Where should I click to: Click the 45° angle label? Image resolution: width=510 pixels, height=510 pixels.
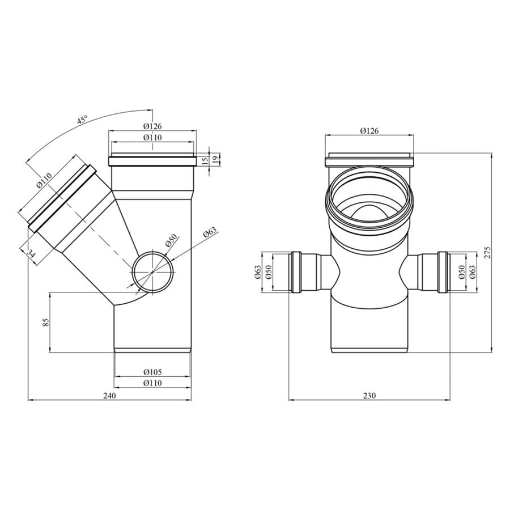[82, 120]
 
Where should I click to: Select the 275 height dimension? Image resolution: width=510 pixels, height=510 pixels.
[487, 252]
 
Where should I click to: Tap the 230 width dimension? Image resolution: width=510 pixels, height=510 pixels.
[369, 396]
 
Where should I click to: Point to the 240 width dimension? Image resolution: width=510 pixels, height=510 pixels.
[109, 396]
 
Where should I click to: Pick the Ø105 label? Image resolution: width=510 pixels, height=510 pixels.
[152, 372]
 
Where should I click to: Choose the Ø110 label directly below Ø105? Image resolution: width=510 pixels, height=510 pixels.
[152, 383]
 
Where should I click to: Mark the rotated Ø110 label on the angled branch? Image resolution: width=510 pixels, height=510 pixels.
[44, 181]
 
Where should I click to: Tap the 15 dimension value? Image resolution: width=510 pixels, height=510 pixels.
[205, 161]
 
